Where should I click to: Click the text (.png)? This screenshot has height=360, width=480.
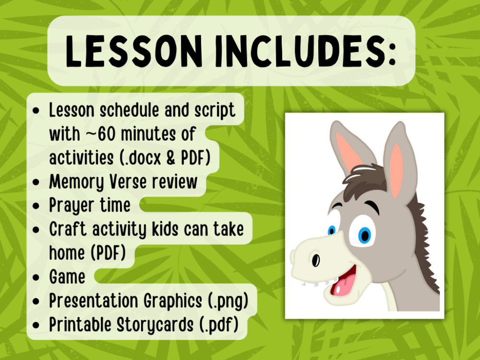pyautogui.click(x=226, y=301)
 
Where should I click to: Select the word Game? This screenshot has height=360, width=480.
pyautogui.click(x=67, y=277)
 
